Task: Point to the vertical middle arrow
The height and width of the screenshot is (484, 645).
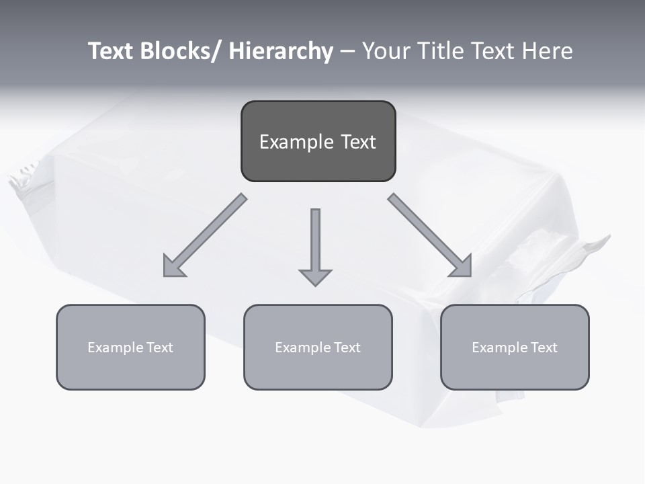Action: pyautogui.click(x=315, y=239)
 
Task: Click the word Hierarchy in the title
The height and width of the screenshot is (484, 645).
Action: pyautogui.click(x=281, y=51)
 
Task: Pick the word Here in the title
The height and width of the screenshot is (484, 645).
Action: pyautogui.click(x=547, y=51)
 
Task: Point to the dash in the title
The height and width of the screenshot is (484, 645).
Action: pyautogui.click(x=347, y=52)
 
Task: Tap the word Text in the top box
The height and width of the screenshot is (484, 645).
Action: pyautogui.click(x=358, y=142)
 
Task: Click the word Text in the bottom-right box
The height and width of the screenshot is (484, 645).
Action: pyautogui.click(x=544, y=348)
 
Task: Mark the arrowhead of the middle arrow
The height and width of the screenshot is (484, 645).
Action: pyautogui.click(x=315, y=276)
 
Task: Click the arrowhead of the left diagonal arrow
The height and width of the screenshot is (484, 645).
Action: pyautogui.click(x=173, y=267)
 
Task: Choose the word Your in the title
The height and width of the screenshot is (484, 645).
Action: pyautogui.click(x=383, y=51)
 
